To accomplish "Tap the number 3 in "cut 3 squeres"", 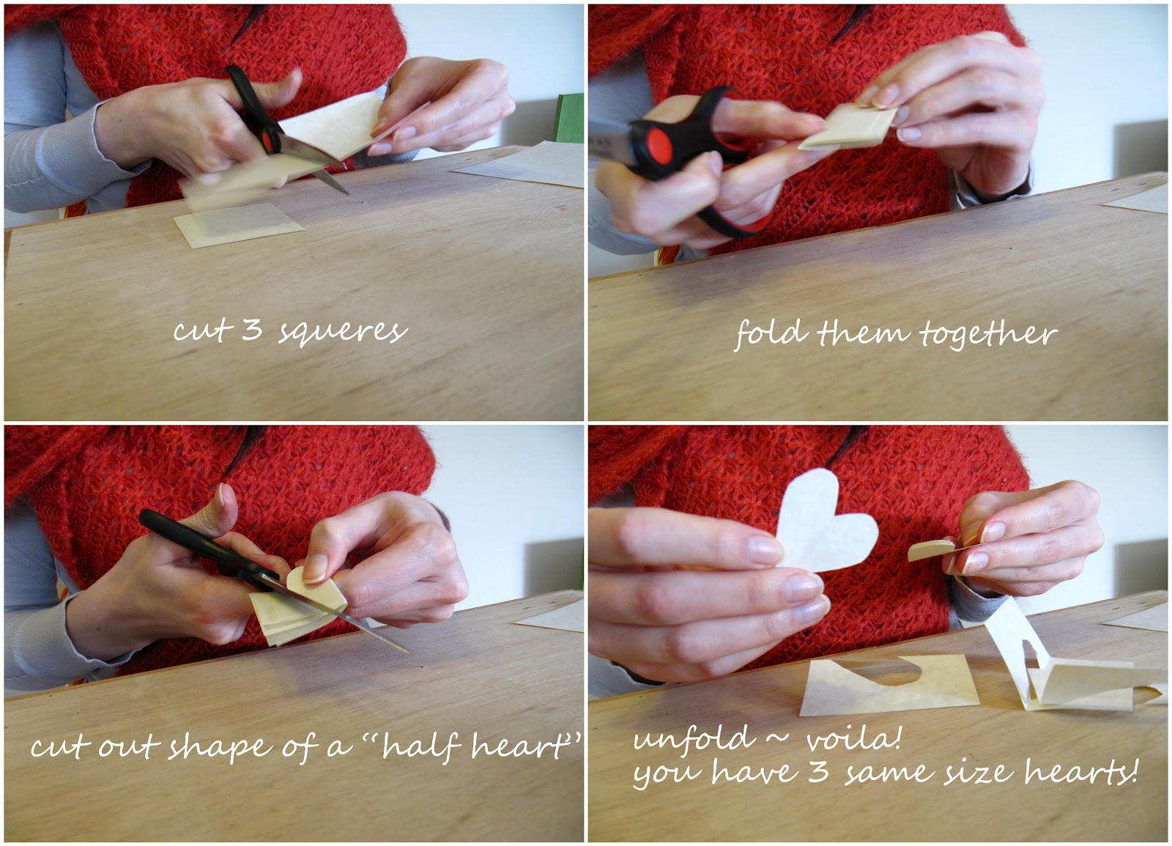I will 251,330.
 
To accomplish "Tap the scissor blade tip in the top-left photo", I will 346,191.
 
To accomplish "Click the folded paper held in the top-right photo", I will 850,128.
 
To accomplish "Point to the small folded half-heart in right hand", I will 930,551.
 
